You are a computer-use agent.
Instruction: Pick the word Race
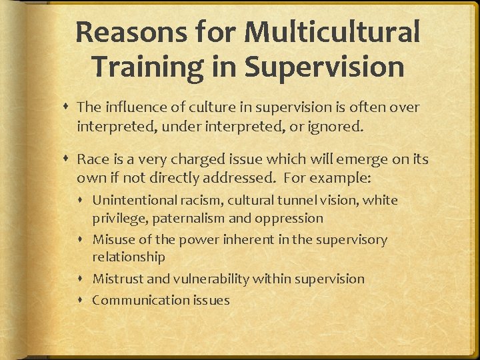coord(91,160)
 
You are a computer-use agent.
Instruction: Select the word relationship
coord(129,257)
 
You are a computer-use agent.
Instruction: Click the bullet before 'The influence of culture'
coord(69,107)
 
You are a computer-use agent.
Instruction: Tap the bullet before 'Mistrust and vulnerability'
coord(85,279)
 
